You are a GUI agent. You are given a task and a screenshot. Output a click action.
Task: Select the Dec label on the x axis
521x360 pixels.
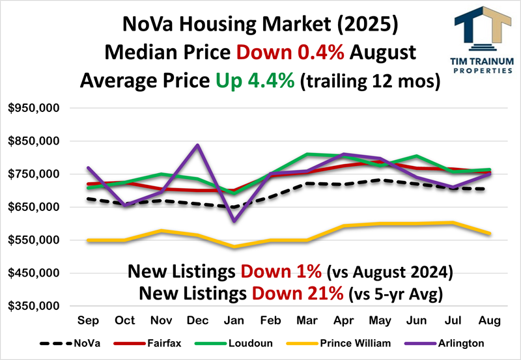tap(198, 320)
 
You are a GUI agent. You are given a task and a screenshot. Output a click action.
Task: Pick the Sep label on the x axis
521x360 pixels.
tap(88, 320)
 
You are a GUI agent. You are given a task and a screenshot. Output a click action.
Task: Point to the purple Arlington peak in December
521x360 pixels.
tap(198, 145)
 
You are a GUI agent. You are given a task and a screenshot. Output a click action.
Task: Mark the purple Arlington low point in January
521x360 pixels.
tap(234, 221)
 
